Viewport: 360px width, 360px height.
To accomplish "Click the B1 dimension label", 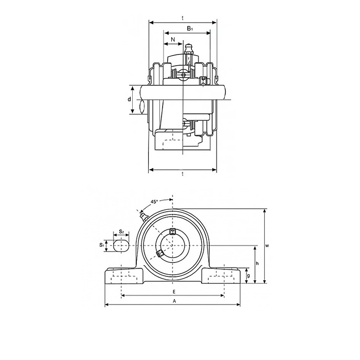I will tap(190, 29).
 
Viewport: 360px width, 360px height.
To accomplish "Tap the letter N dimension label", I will tap(172, 40).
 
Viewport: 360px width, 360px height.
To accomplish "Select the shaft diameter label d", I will tap(130, 99).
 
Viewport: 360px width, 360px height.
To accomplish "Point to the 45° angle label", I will tap(154, 202).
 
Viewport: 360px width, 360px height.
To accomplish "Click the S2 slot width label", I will tap(121, 232).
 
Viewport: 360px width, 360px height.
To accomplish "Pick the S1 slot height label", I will tap(102, 246).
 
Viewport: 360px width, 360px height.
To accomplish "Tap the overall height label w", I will tap(267, 246).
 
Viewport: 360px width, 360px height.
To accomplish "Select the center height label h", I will tap(257, 264).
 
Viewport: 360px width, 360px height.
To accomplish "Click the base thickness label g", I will tap(248, 276).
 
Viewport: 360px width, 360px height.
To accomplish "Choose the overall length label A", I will tap(174, 301).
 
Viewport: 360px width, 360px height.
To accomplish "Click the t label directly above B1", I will tap(183, 18).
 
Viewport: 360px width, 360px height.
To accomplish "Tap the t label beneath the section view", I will tap(183, 175).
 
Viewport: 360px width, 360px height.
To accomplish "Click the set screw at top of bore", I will tap(173, 231).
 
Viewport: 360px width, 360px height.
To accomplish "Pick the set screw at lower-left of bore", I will tap(160, 253).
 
